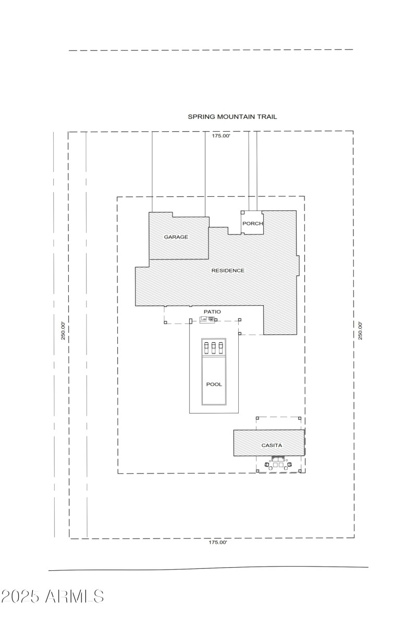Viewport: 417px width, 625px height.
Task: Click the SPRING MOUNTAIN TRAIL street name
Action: pyautogui.click(x=232, y=117)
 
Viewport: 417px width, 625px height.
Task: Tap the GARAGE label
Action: pyautogui.click(x=176, y=237)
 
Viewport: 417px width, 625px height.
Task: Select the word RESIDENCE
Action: pyautogui.click(x=228, y=271)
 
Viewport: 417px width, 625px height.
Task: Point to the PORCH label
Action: pyautogui.click(x=253, y=223)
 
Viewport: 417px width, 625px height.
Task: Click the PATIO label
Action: pyautogui.click(x=212, y=312)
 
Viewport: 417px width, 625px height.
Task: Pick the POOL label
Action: pyautogui.click(x=214, y=384)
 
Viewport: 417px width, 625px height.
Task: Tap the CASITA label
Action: pyautogui.click(x=272, y=445)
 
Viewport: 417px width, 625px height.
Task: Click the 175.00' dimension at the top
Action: pyautogui.click(x=220, y=136)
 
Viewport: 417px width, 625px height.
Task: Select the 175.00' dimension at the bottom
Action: pyautogui.click(x=218, y=542)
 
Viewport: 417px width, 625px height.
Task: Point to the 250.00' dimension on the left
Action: pyautogui.click(x=63, y=331)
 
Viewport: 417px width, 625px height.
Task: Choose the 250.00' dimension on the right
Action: pyautogui.click(x=360, y=331)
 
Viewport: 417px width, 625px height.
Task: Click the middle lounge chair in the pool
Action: pyautogui.click(x=214, y=347)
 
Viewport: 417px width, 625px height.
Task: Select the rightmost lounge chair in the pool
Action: pyautogui.click(x=221, y=347)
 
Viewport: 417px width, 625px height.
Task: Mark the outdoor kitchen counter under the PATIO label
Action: pyautogui.click(x=207, y=319)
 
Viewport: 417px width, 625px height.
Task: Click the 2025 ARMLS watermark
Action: pyautogui.click(x=52, y=596)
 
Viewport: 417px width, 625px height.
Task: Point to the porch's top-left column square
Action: pyautogui.click(x=242, y=213)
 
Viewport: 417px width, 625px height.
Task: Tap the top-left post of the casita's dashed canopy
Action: pyautogui.click(x=257, y=418)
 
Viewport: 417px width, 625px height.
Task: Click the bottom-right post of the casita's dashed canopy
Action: pyautogui.click(x=300, y=471)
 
